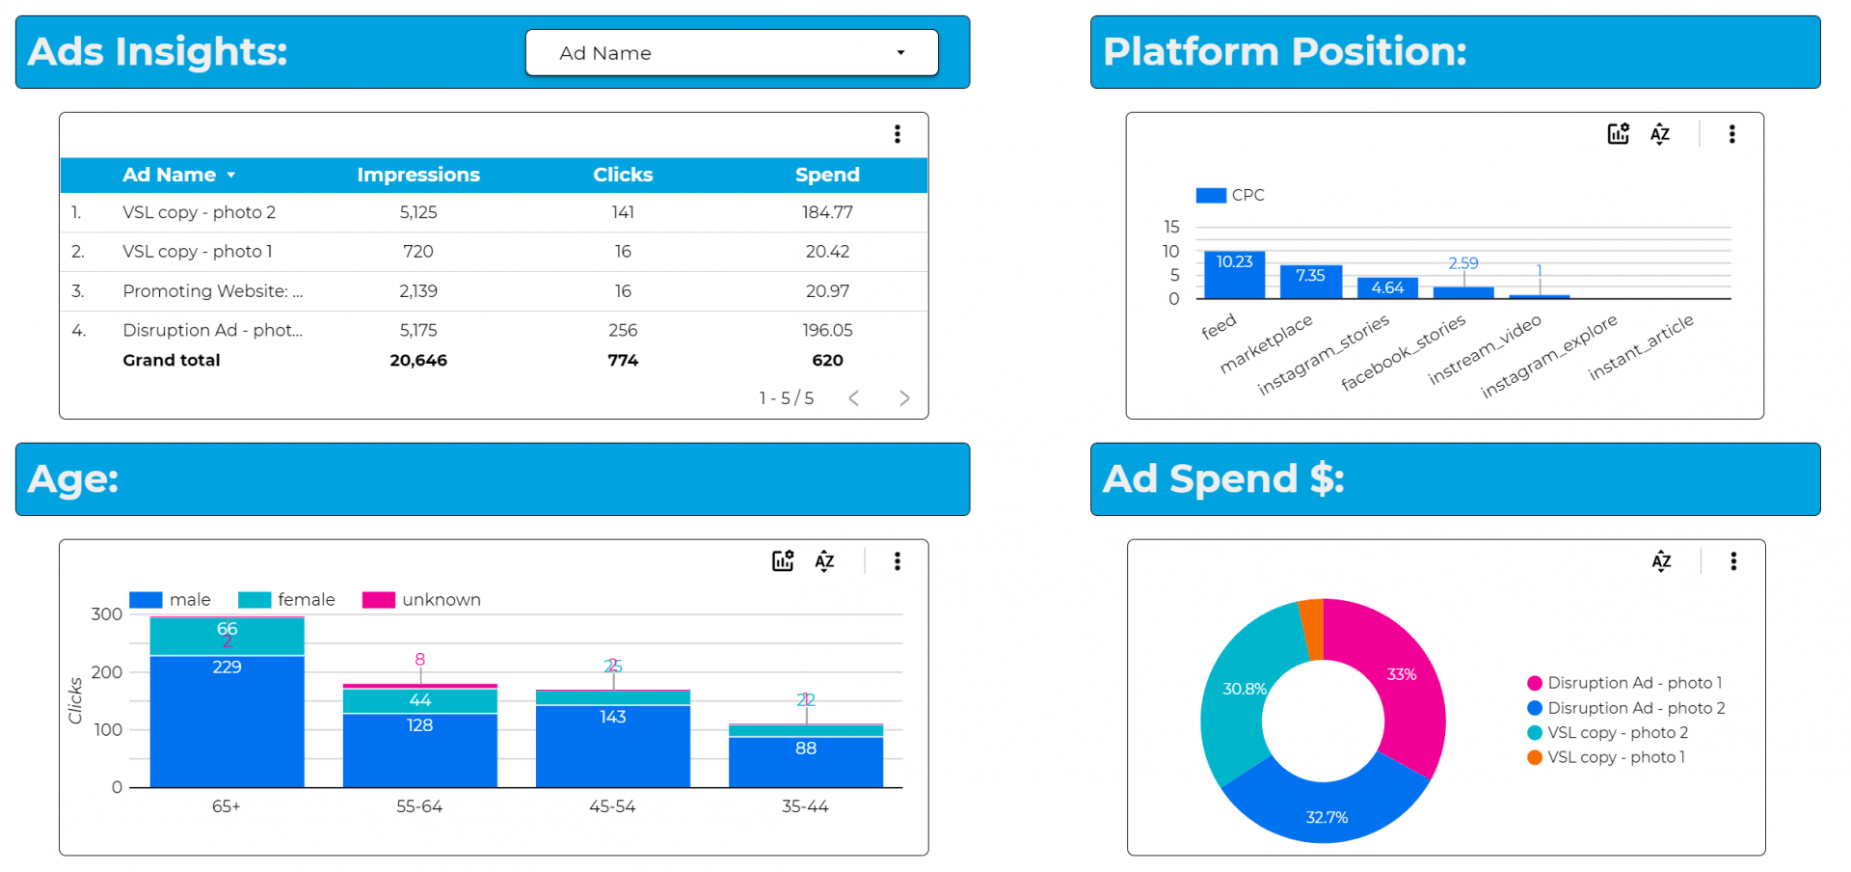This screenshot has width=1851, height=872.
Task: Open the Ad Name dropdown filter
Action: point(731,53)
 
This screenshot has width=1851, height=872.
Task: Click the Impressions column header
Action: point(417,175)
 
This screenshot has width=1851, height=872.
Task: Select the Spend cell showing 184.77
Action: point(827,212)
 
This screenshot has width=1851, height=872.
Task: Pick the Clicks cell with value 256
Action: point(623,330)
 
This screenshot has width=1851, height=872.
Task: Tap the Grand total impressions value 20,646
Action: point(417,360)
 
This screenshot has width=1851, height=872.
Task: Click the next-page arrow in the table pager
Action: point(904,398)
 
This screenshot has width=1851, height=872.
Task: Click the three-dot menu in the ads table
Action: point(898,134)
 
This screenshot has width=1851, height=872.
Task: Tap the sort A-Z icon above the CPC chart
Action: point(1660,134)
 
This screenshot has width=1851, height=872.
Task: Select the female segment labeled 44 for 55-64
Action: point(419,700)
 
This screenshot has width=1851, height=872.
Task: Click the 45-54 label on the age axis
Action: point(612,806)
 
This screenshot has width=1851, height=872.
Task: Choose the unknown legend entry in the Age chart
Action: point(422,600)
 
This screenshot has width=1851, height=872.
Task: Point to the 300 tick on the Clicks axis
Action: point(106,614)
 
